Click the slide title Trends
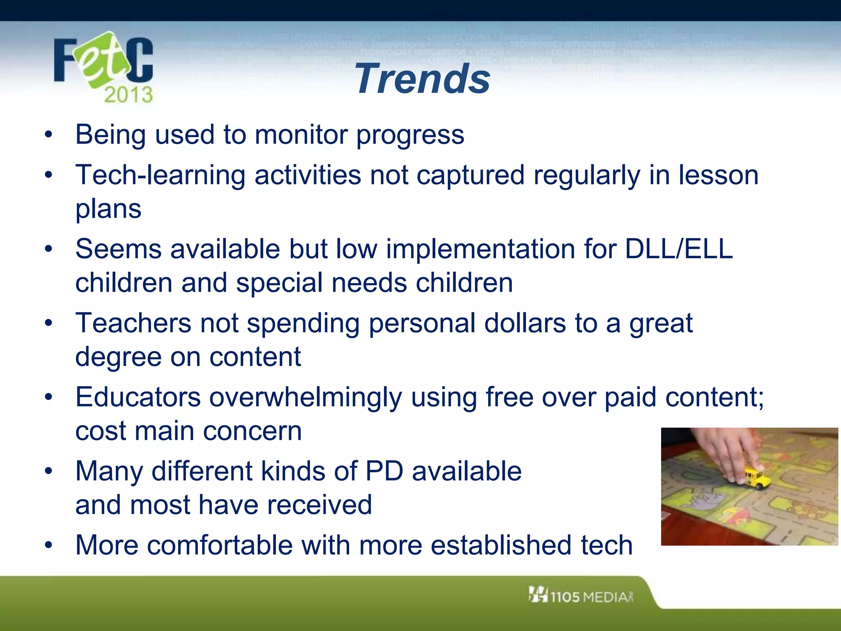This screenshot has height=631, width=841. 423,78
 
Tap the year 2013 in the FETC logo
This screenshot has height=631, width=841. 128,95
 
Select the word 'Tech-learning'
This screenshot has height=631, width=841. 160,175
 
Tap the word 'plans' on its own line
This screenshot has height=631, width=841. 108,209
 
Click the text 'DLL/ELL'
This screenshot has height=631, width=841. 678,249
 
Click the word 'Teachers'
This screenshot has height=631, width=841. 133,323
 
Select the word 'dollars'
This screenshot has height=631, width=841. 525,323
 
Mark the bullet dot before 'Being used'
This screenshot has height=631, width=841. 49,134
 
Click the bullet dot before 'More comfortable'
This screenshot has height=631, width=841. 49,545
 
